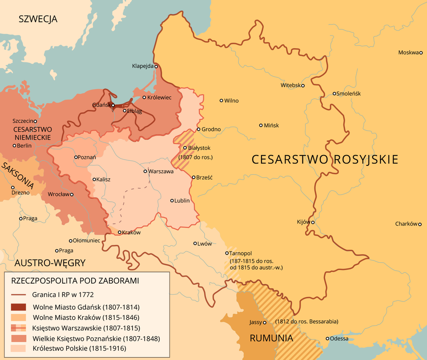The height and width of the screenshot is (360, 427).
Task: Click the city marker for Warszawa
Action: [145, 171]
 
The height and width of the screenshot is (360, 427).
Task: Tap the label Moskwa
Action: [408, 52]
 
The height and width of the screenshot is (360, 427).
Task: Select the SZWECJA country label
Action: [38, 19]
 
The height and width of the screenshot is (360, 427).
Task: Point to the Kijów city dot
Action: [313, 222]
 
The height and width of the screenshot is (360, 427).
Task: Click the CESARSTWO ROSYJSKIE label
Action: [324, 160]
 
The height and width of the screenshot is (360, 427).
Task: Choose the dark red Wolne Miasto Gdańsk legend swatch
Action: [19, 307]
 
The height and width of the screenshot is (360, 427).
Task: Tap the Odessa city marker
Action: [328, 338]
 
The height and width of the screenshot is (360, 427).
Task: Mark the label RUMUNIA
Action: [271, 338]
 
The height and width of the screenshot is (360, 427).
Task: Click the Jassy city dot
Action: [265, 323]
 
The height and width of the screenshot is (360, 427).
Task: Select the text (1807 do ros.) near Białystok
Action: [196, 157]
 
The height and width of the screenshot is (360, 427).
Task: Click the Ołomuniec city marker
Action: [70, 241]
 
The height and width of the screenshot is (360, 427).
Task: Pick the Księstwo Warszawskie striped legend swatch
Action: [19, 328]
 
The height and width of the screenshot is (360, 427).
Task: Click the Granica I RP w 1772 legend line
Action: [19, 294]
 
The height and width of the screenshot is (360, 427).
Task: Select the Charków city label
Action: [405, 224]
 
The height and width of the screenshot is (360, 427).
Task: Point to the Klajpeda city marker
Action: [156, 66]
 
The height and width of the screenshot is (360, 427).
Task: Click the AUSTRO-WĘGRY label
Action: [50, 262]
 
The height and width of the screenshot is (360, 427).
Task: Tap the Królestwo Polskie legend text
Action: [79, 349]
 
